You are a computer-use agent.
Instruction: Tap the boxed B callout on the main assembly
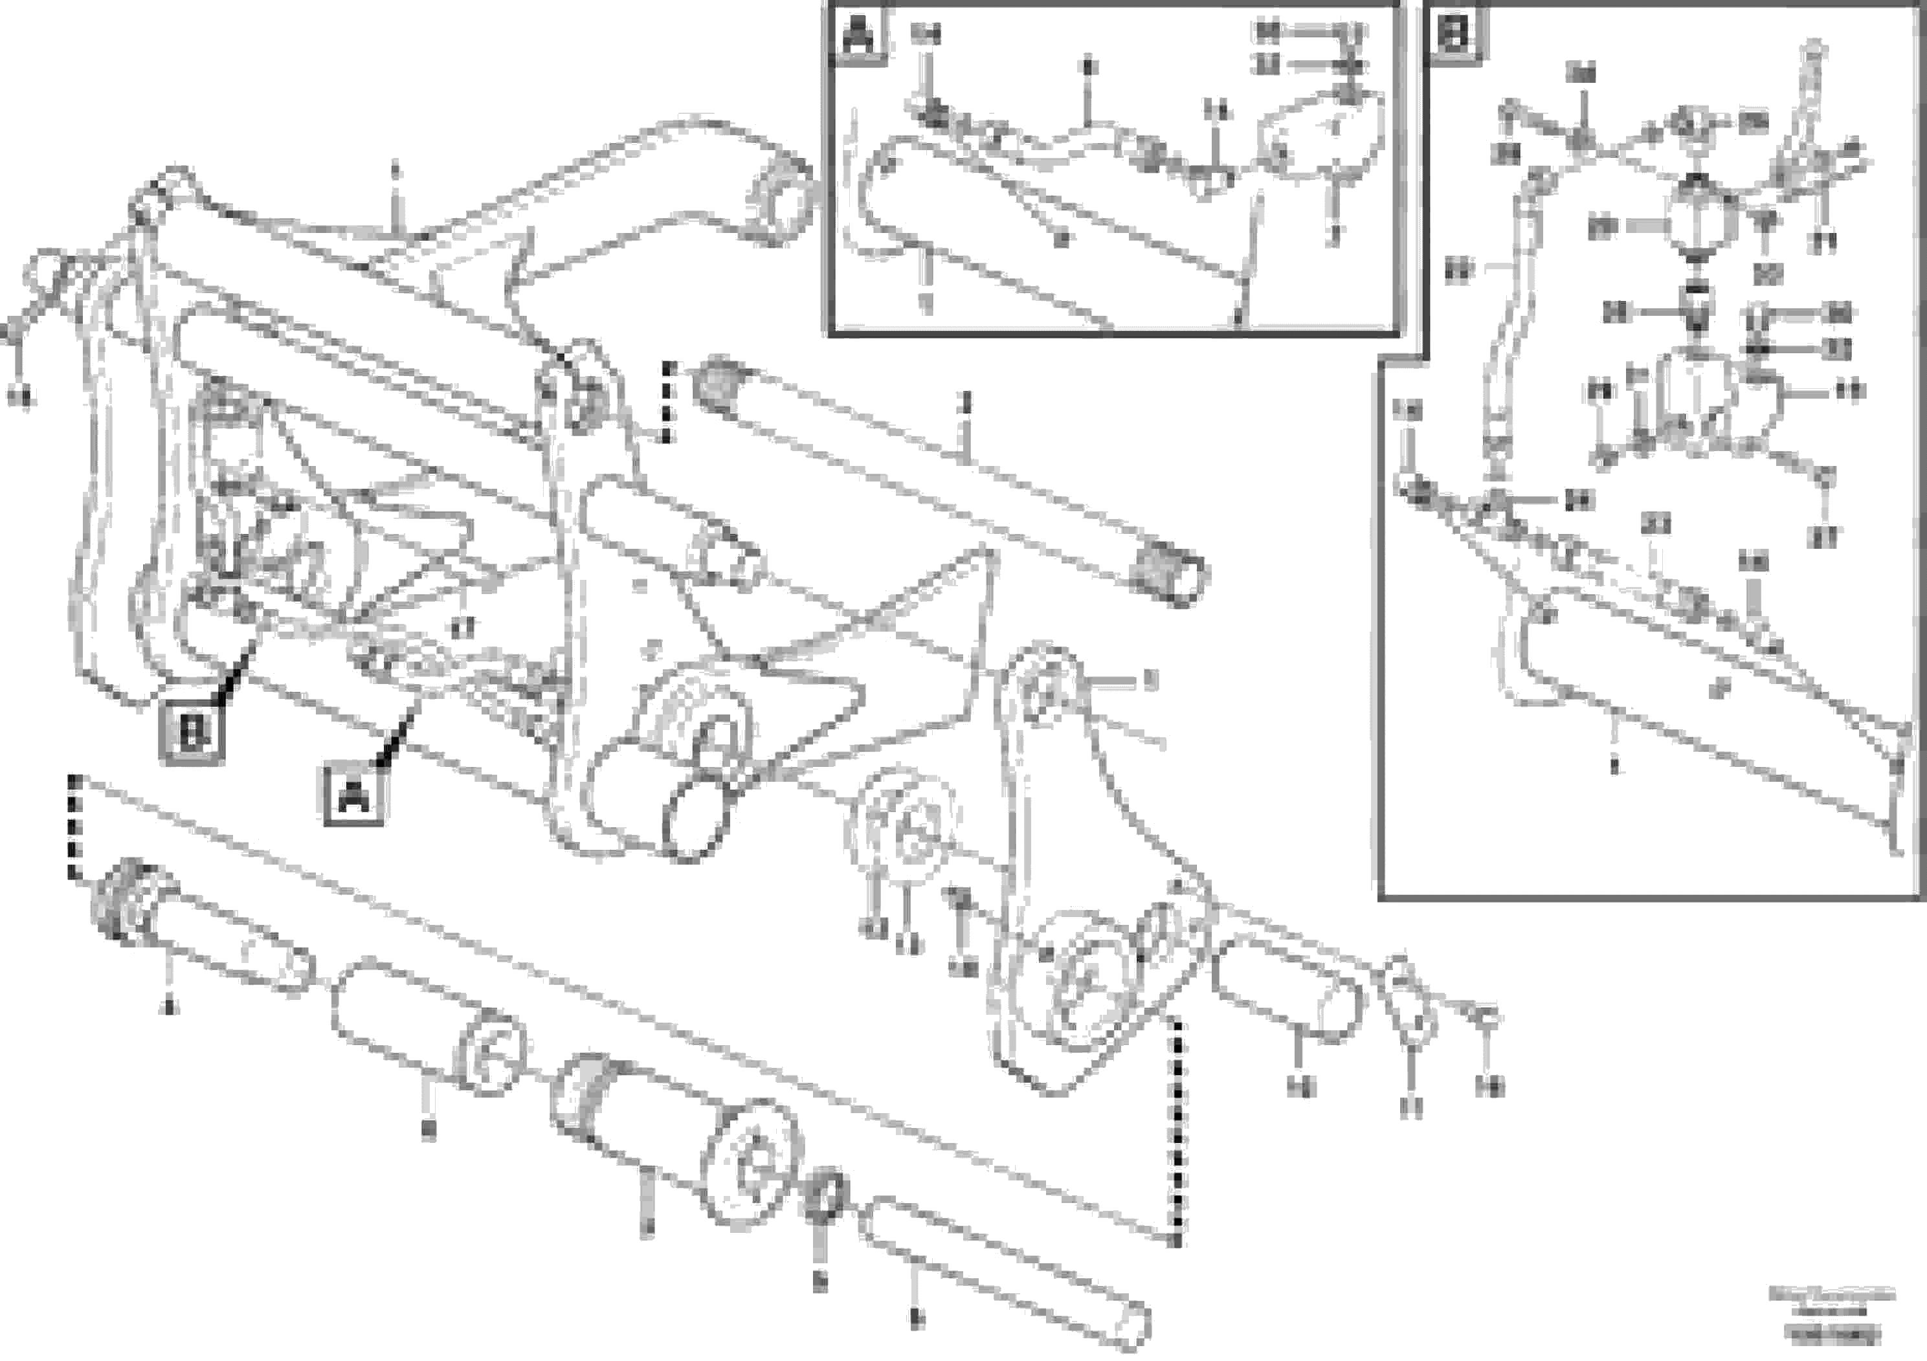192,735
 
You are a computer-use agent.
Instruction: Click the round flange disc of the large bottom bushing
753,1164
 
